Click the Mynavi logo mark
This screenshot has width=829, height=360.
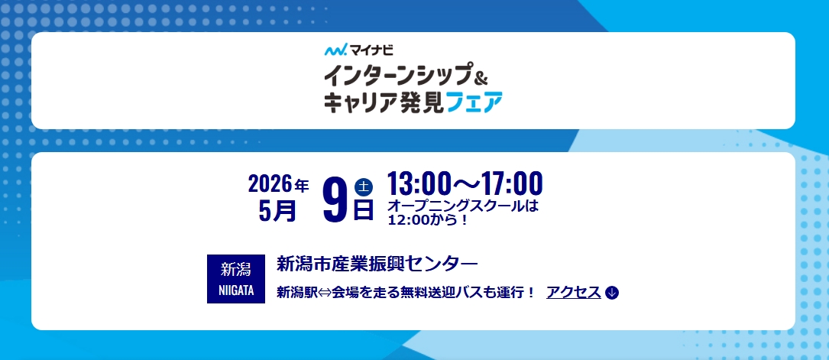tap(335, 50)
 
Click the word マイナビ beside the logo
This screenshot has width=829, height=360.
tap(371, 50)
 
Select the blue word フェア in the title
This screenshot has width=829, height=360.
tap(474, 102)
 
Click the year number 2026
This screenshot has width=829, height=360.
tap(270, 184)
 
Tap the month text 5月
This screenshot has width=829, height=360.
tap(277, 211)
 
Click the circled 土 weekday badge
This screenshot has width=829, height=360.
tap(364, 187)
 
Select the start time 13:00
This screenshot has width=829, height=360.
tap(418, 183)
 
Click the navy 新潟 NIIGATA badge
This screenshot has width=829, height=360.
tap(236, 279)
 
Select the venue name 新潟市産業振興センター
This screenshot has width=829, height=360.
tap(377, 264)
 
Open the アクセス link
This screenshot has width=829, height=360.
tap(574, 292)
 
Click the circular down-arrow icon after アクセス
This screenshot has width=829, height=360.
tap(612, 292)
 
